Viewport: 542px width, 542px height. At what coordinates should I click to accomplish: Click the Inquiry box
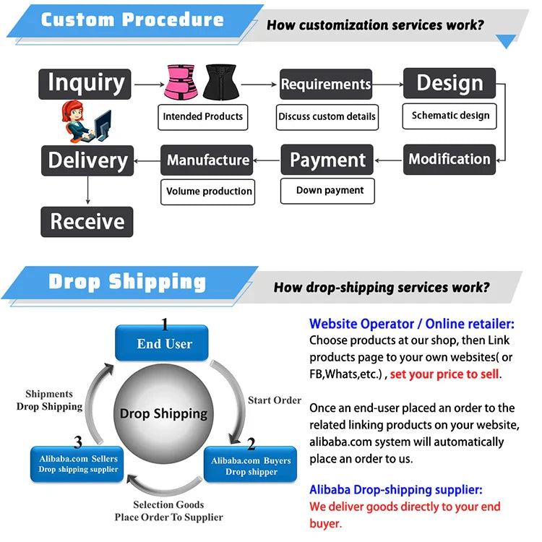click(85, 84)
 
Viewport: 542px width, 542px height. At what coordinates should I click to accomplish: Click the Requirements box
click(325, 84)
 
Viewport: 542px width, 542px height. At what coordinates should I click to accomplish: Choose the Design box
click(449, 83)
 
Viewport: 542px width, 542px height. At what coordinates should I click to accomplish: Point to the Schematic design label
click(450, 116)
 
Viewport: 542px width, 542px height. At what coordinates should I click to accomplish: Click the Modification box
click(449, 159)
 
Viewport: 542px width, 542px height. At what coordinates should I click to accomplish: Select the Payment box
click(327, 160)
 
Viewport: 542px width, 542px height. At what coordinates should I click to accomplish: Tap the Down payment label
click(330, 191)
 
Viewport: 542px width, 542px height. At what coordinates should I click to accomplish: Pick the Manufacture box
click(208, 160)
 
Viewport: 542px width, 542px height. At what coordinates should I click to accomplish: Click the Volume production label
click(209, 192)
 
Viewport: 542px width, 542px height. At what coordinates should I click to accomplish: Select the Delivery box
click(87, 160)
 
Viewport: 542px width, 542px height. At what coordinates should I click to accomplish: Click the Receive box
click(87, 222)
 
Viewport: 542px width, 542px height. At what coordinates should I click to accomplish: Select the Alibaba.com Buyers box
click(251, 465)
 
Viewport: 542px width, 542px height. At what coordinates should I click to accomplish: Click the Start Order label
click(275, 400)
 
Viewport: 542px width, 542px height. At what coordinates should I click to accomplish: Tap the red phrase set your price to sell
click(444, 374)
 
